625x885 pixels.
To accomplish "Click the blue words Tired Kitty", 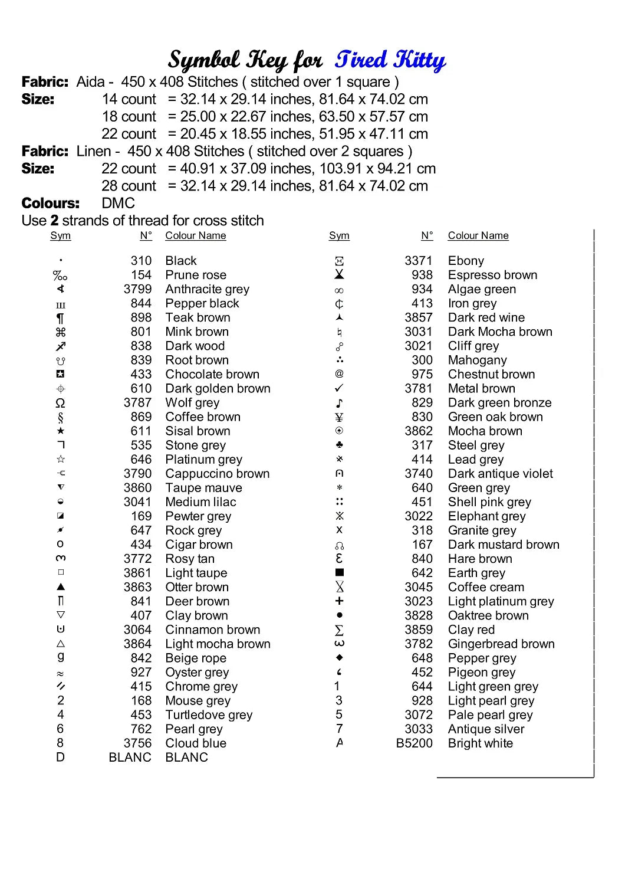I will (390, 60).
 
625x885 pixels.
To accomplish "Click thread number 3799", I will (137, 289).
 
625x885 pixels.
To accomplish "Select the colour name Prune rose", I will (196, 275).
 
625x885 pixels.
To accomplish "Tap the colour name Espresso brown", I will (492, 275).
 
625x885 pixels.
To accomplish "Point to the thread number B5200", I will (414, 743).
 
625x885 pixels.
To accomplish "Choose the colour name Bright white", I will (480, 743).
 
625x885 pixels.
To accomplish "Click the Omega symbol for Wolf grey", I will (60, 403).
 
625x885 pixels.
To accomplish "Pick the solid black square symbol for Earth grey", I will (339, 572).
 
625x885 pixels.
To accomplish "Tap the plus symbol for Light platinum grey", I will (339, 601).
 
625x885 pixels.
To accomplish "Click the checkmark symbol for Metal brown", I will (339, 388).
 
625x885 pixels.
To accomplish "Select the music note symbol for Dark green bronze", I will (339, 403).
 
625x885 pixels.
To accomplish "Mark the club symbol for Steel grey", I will (339, 445).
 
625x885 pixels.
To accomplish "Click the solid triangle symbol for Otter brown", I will (61, 587).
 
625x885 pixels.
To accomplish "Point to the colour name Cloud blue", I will (196, 743).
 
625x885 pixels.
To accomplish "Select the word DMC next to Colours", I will (118, 203).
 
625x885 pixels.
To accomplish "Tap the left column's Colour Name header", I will (196, 235).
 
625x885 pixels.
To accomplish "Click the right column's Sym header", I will (339, 235).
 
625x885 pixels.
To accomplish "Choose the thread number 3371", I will (418, 261).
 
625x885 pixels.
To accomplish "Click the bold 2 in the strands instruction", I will (54, 221).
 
